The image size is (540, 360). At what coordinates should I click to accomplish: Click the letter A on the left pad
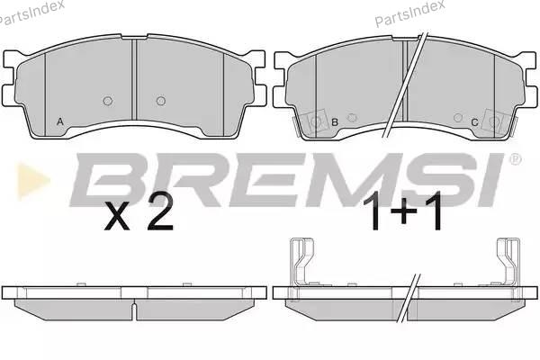pos(60,121)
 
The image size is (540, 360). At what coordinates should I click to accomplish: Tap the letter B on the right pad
pos(335,122)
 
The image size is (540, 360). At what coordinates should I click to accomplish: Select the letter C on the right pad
pos(474,122)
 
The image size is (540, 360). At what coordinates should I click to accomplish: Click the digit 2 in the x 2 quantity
pos(160,211)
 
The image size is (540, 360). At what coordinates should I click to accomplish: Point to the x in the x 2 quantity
pos(117,217)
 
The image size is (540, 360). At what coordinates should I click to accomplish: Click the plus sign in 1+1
pos(403,212)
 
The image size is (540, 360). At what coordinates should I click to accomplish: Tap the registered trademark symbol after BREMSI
pos(515,159)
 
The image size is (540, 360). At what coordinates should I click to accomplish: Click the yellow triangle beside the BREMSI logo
pos(33,181)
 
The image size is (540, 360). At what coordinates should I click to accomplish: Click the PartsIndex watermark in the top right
pos(409,13)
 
